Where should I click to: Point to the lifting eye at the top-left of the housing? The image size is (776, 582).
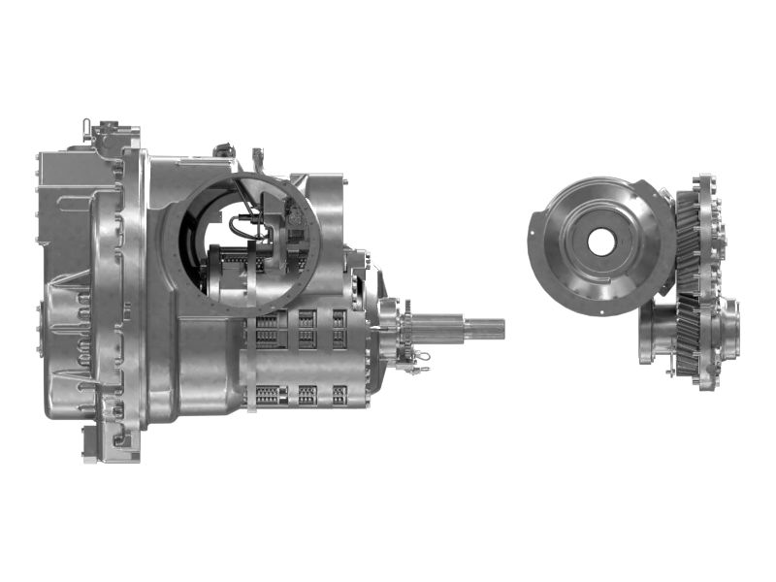click(x=87, y=126)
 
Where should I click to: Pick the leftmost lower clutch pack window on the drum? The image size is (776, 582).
click(x=268, y=395)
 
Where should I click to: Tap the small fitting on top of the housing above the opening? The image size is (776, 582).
click(x=257, y=157)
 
